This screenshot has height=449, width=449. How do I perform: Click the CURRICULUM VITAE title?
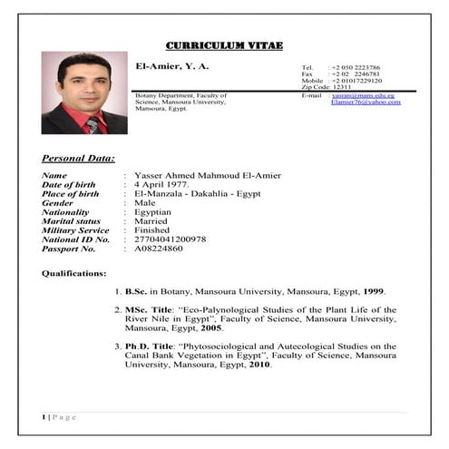pyautogui.click(x=224, y=45)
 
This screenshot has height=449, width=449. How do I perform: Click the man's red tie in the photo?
pyautogui.click(x=92, y=124)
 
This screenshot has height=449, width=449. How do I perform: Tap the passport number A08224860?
pyautogui.click(x=158, y=248)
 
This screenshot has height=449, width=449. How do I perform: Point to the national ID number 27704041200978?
pyautogui.click(x=170, y=239)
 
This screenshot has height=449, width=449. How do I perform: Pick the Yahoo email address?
pyautogui.click(x=366, y=102)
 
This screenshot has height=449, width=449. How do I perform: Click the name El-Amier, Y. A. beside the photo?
pyautogui.click(x=172, y=68)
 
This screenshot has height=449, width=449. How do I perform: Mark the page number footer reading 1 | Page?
pyautogui.click(x=59, y=416)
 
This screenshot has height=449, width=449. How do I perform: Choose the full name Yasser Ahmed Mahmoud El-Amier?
pyautogui.click(x=207, y=175)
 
